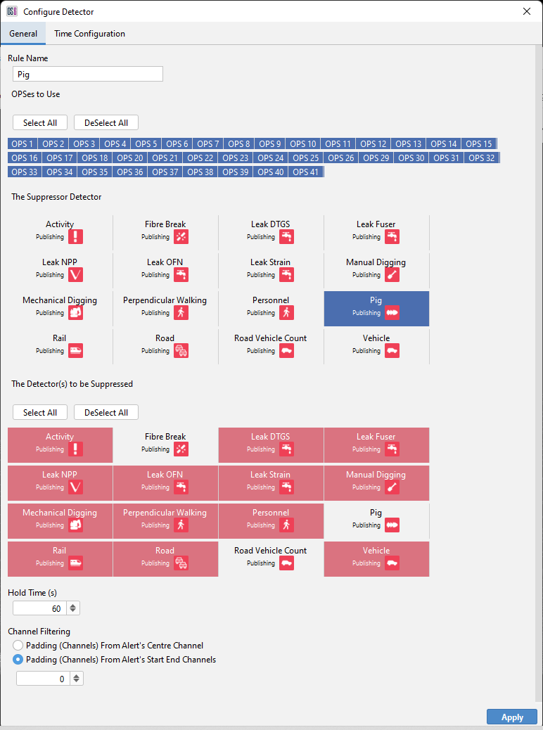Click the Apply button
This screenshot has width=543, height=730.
tap(511, 717)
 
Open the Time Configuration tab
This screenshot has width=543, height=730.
tap(89, 34)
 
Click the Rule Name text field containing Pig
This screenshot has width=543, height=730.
tap(88, 74)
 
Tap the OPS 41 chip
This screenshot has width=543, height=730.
tap(306, 172)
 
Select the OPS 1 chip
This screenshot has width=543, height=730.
tap(22, 143)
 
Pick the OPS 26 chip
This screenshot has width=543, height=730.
tap(340, 158)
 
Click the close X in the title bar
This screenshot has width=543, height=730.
tap(527, 11)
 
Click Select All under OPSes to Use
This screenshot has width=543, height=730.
tap(40, 122)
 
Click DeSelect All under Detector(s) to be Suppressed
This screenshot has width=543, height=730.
tap(106, 412)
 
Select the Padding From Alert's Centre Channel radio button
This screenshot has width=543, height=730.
tap(18, 645)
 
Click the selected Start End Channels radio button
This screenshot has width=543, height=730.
tap(18, 660)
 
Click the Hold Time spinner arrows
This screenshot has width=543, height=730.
tap(74, 608)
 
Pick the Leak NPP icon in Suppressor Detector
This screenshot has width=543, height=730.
tap(75, 275)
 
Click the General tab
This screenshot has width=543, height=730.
tap(23, 34)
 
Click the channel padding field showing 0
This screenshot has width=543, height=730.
tap(43, 679)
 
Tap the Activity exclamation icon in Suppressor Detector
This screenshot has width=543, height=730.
tap(75, 237)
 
